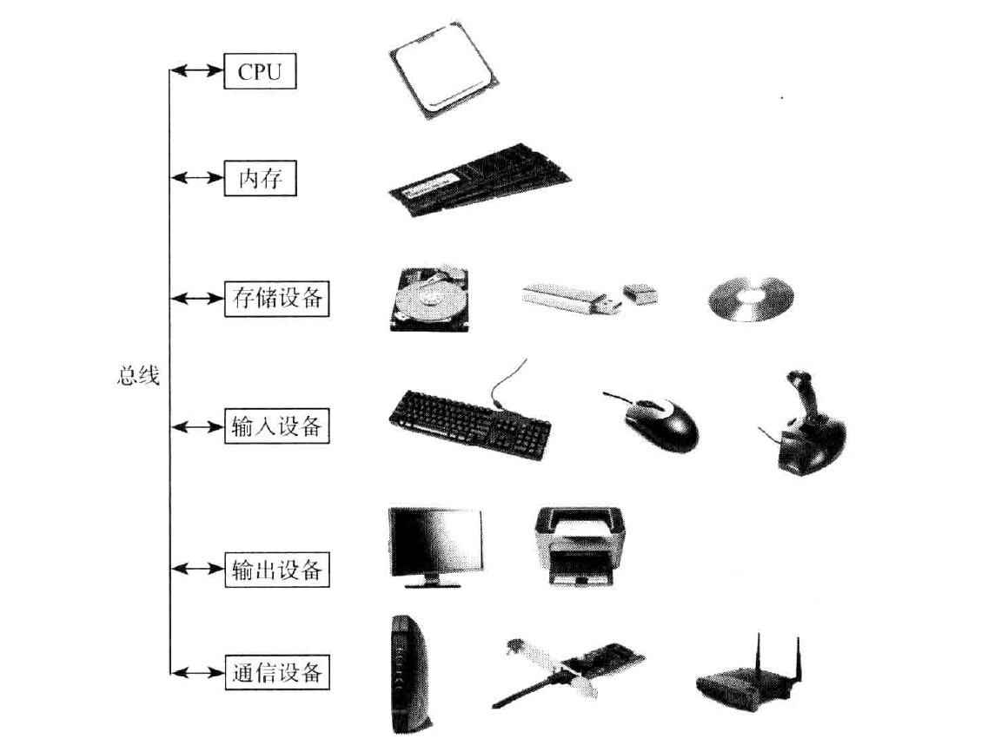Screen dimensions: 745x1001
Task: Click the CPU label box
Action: pyautogui.click(x=260, y=72)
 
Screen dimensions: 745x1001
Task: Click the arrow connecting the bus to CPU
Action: pyautogui.click(x=197, y=72)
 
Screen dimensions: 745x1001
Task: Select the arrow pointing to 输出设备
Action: pyautogui.click(x=197, y=570)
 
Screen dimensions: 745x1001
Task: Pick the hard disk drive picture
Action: pyautogui.click(x=428, y=300)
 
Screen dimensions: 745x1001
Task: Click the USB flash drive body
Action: pyautogui.click(x=565, y=298)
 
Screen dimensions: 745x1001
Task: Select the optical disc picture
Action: pyautogui.click(x=750, y=300)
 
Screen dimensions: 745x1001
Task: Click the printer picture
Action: pyautogui.click(x=581, y=546)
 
